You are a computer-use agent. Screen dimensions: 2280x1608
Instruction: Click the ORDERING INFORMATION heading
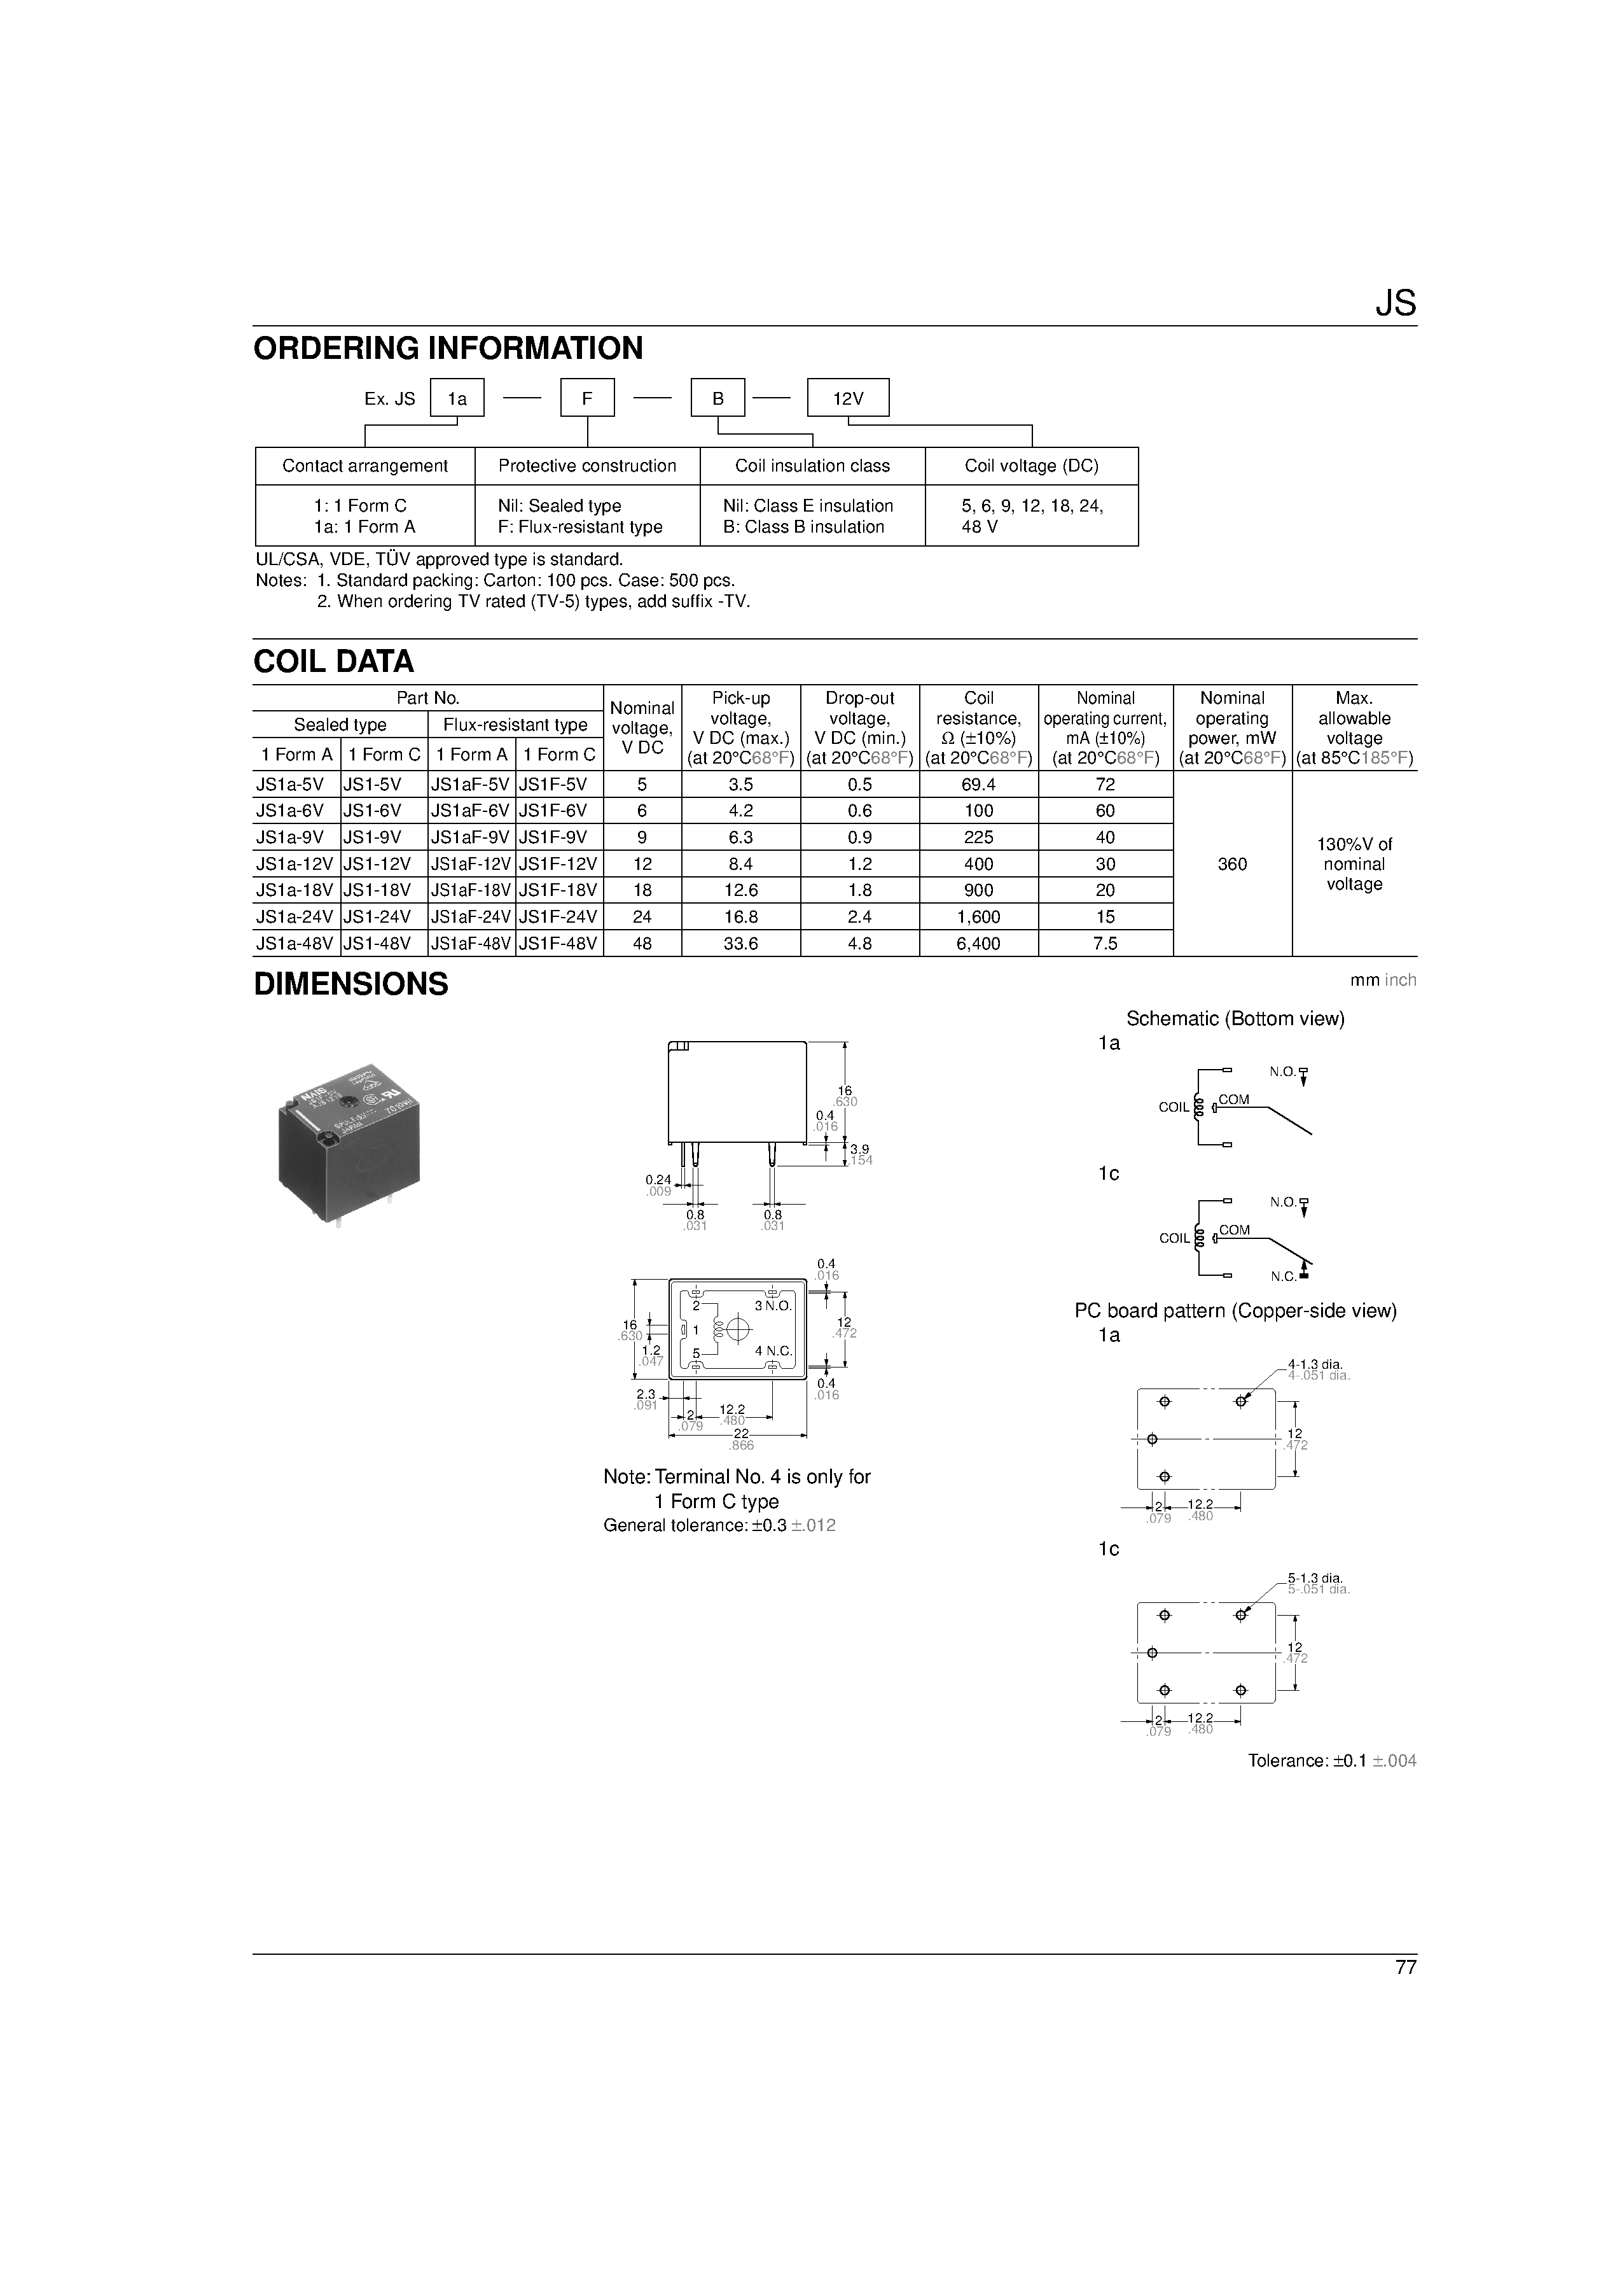pyautogui.click(x=448, y=349)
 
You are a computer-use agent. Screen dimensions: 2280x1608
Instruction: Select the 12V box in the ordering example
pyautogui.click(x=848, y=398)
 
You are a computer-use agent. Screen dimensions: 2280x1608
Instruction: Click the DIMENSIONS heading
pyautogui.click(x=351, y=984)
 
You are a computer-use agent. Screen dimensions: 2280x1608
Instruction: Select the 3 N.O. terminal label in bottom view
pyautogui.click(x=773, y=1306)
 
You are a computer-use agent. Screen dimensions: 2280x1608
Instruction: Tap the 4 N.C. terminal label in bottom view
pyautogui.click(x=773, y=1350)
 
